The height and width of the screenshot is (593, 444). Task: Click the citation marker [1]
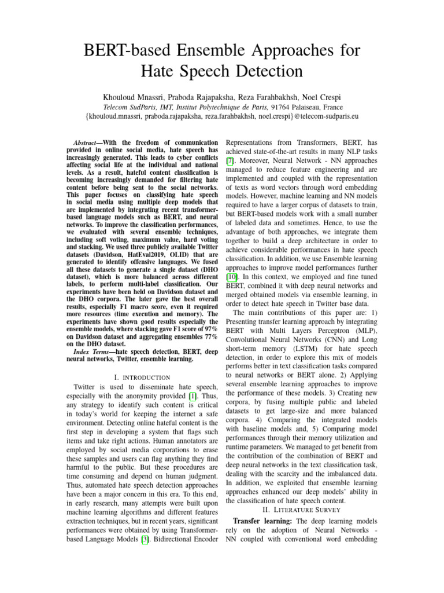click(x=186, y=396)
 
